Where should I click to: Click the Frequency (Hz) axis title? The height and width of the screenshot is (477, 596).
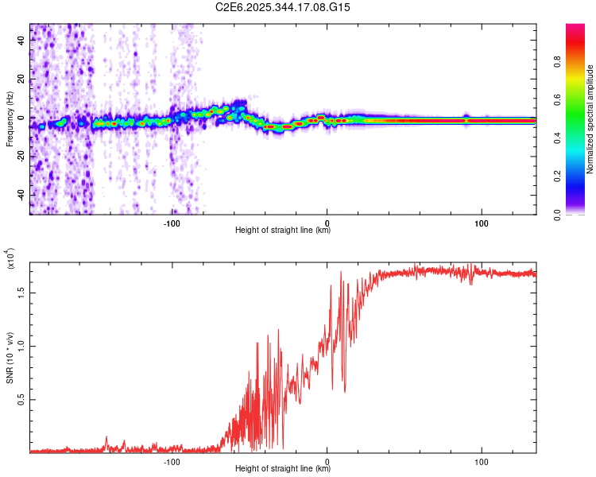click(x=10, y=118)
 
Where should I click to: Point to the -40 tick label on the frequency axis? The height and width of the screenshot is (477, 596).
click(x=21, y=195)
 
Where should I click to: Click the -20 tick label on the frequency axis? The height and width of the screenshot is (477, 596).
click(x=21, y=157)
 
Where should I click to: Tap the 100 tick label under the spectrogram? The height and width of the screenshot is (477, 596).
click(x=481, y=223)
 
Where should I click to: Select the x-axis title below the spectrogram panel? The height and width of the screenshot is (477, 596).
click(x=283, y=231)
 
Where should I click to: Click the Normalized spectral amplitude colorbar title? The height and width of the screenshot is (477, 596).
click(x=590, y=119)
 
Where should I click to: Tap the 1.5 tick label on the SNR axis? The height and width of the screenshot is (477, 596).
click(x=20, y=292)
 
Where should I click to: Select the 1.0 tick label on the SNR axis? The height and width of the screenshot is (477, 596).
click(x=20, y=345)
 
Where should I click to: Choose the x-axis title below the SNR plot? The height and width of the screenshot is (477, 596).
click(x=283, y=469)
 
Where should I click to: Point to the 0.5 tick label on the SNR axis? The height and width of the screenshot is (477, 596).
click(x=20, y=399)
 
